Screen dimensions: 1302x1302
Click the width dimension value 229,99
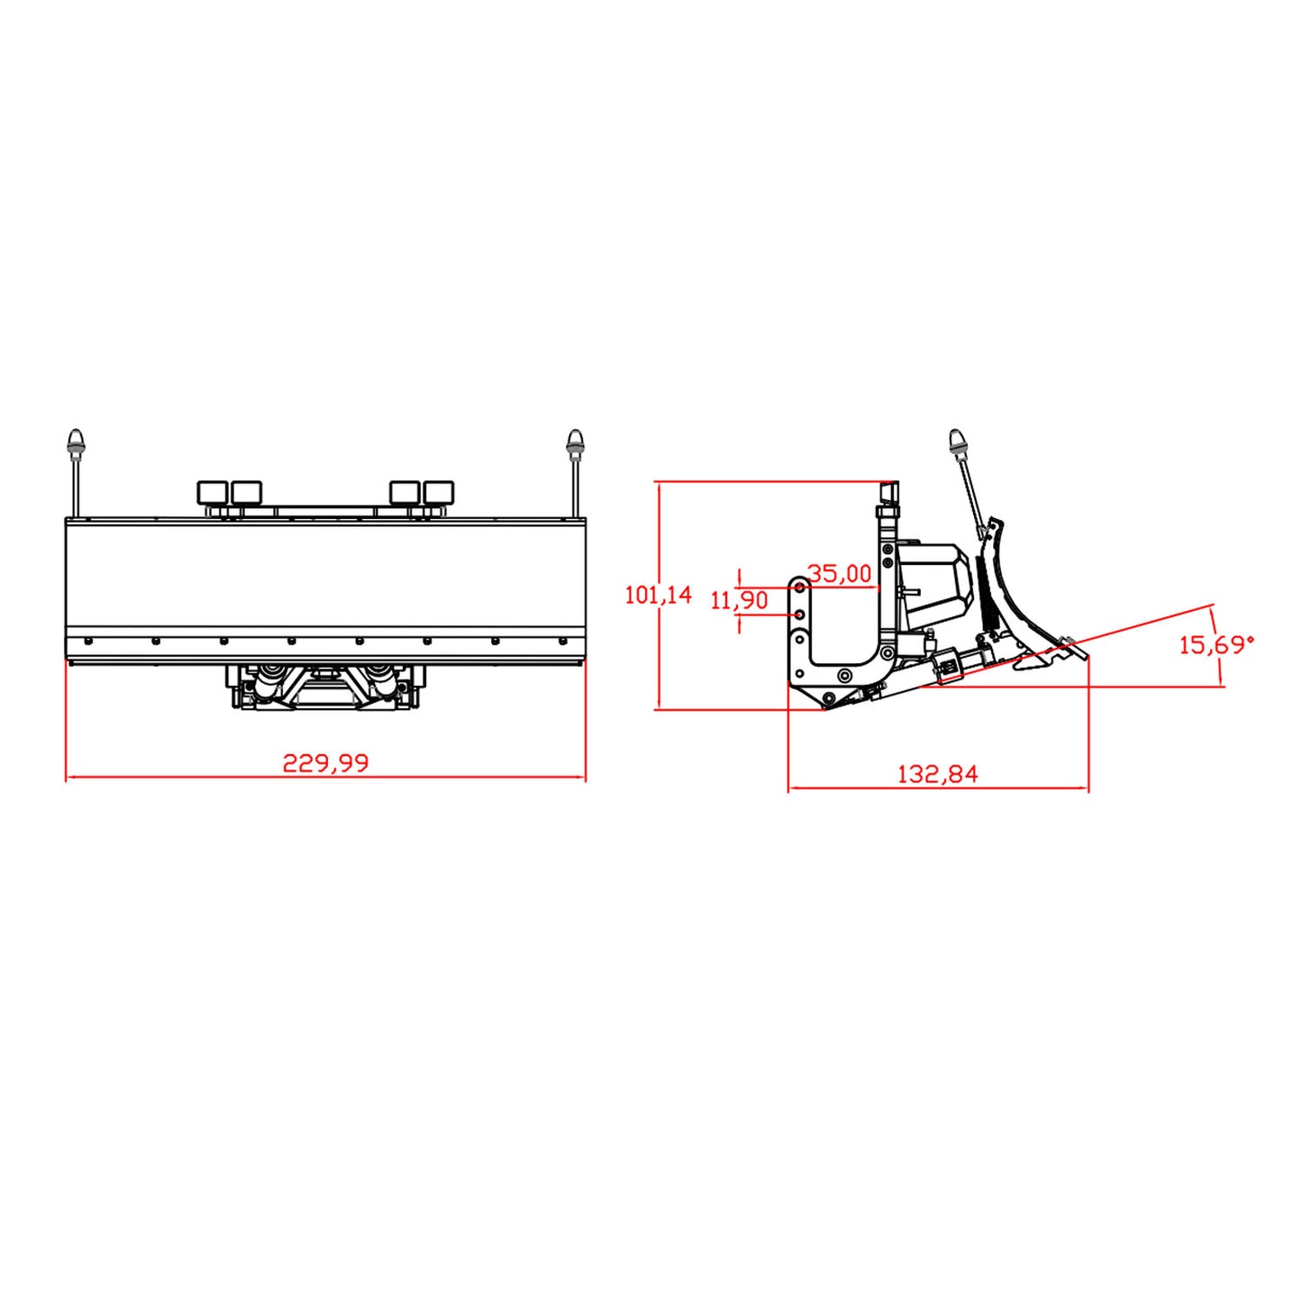325,762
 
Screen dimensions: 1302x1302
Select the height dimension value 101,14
658,595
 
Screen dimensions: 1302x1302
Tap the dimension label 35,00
839,573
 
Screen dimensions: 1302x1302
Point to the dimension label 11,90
739,600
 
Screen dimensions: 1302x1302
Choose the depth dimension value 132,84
937,774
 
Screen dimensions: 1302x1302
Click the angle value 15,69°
1216,644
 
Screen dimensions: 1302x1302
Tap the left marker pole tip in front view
76,441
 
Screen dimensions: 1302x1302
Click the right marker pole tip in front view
574,441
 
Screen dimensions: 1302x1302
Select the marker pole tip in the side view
956,440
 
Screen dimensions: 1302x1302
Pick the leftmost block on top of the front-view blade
213,493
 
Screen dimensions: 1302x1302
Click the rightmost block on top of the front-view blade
439,493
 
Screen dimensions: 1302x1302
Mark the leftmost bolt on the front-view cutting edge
88,642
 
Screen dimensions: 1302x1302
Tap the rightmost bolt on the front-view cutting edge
563,642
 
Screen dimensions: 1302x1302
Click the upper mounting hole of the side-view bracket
798,588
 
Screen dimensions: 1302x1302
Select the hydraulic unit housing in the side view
937,586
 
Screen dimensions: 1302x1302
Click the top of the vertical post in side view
888,491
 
